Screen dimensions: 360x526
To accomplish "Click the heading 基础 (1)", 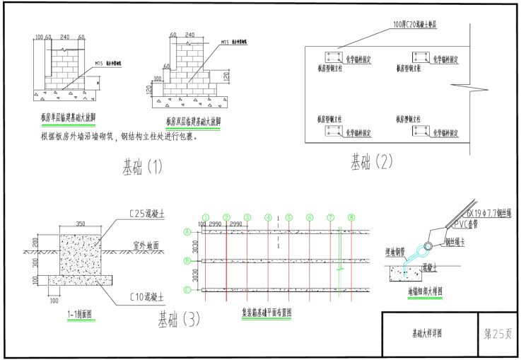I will click(x=142, y=168).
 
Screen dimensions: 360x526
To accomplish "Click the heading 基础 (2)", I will click(x=371, y=163).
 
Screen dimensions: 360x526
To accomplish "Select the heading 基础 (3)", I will click(x=178, y=319).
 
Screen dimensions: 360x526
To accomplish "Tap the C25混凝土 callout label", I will click(x=147, y=212).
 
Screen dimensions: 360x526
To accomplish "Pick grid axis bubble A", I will click(x=187, y=231).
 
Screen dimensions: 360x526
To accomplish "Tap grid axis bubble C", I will click(x=187, y=289).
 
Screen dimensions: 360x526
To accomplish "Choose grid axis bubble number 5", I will click(x=289, y=217).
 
